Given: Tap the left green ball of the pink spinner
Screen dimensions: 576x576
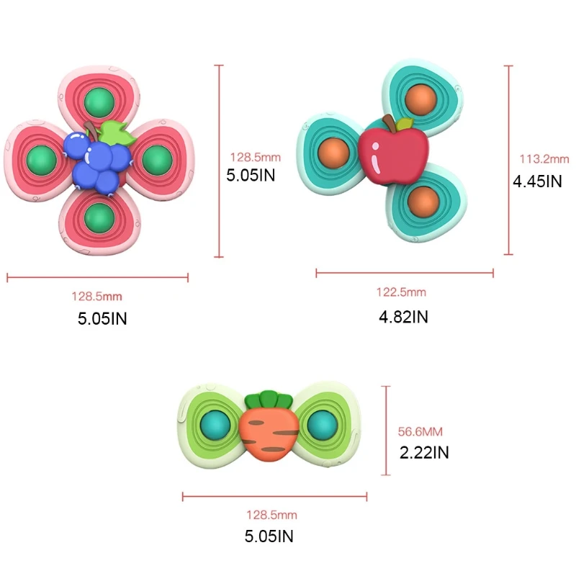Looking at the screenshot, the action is pos(39,158).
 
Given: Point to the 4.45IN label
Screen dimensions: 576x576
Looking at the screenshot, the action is pos(537,181).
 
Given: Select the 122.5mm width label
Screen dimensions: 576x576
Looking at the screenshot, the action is pos(401,292).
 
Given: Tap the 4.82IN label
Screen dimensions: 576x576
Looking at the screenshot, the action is pos(403,316).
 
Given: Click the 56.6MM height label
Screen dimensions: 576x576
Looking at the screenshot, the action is pos(420,432).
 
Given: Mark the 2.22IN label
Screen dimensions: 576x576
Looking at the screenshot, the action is pos(425,453).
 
